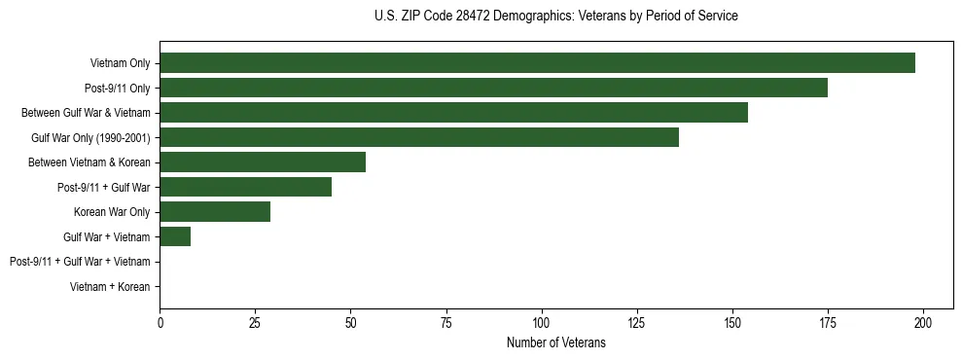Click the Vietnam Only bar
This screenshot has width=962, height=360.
point(537,63)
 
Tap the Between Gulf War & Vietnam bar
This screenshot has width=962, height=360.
point(453,113)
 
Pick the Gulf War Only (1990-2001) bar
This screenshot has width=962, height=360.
point(419,137)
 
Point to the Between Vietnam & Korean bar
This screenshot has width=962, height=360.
point(263,162)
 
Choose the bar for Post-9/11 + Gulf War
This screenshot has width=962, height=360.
point(245,187)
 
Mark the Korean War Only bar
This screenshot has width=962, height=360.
point(215,212)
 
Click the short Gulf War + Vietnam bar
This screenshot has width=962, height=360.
point(175,236)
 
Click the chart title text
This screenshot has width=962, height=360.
point(555,17)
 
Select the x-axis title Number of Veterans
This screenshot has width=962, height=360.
point(555,342)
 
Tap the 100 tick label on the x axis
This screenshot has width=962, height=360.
point(542,323)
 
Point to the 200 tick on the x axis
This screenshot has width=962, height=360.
point(923,323)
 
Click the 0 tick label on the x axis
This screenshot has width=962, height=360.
point(160,323)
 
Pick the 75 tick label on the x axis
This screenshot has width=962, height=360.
point(446,323)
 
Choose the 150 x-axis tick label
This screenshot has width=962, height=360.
point(732,323)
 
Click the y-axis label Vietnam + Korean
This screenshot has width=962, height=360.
point(110,287)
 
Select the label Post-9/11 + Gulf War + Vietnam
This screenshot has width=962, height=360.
point(80,262)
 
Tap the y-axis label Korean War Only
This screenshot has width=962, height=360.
point(111,212)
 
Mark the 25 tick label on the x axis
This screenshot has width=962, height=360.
point(255,323)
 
